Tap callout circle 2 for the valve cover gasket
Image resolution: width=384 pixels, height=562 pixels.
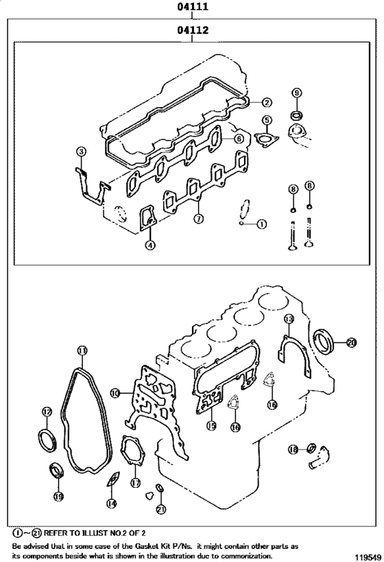click(266, 102)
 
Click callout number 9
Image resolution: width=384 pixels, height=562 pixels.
click(296, 93)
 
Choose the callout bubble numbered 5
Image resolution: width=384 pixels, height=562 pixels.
click(265, 121)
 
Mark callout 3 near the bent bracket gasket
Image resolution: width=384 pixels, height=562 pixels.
click(81, 151)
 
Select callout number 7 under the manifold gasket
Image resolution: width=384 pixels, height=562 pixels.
click(197, 220)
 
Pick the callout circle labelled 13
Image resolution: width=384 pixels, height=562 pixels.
click(289, 319)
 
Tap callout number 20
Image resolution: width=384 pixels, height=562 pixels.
click(352, 342)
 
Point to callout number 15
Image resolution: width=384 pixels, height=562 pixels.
click(211, 426)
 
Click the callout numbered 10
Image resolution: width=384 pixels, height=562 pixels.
click(115, 393)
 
